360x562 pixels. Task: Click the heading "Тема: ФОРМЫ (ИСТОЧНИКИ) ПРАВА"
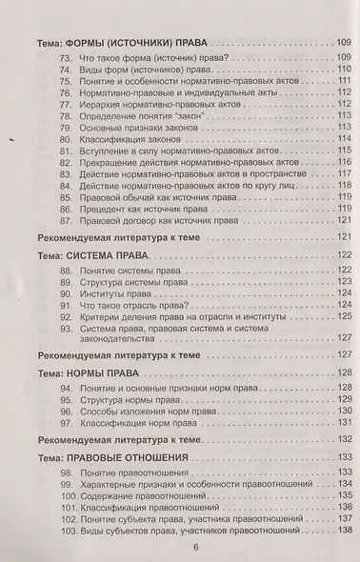coord(125,44)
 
